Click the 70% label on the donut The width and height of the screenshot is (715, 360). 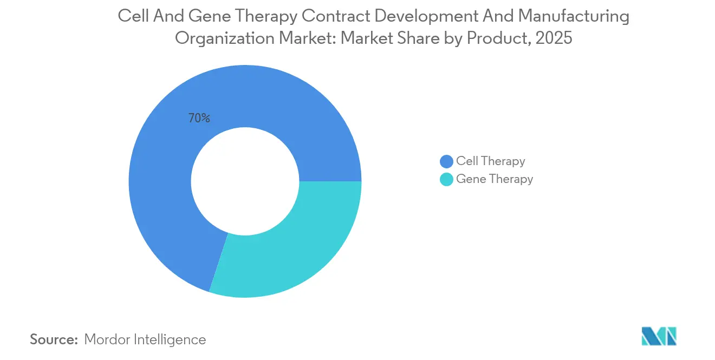(199, 118)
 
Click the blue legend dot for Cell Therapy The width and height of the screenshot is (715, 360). (446, 161)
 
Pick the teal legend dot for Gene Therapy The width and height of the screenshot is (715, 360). (446, 179)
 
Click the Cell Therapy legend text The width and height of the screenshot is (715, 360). (490, 161)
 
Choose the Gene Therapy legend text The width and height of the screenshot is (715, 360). (495, 179)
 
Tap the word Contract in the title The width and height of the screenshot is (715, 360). (336, 17)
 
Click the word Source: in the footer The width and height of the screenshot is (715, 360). (54, 339)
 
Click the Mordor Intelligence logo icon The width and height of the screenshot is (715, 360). (659, 336)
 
